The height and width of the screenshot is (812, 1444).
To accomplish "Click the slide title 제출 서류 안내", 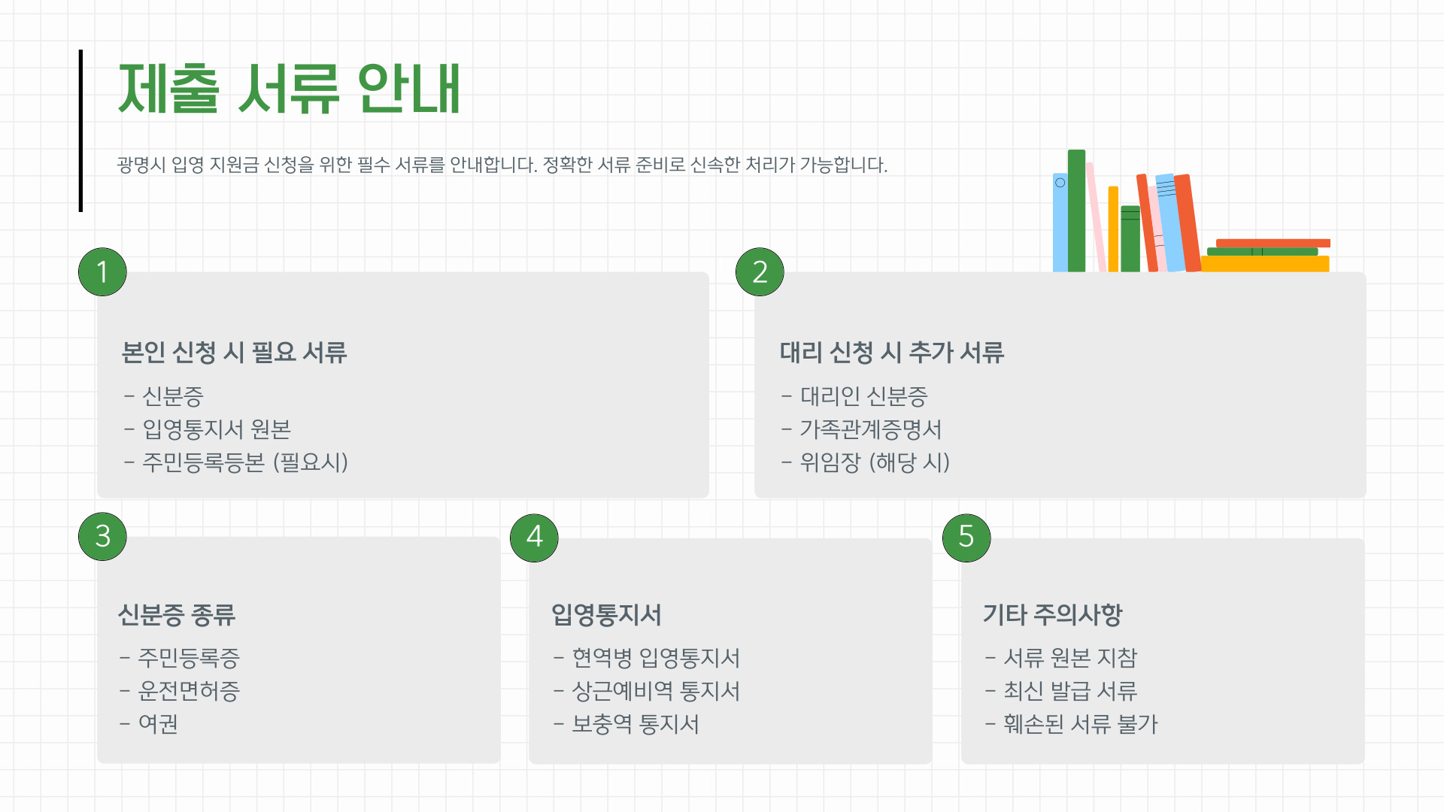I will pyautogui.click(x=289, y=89).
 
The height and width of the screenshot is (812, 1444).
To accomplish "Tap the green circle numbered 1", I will pyautogui.click(x=102, y=271).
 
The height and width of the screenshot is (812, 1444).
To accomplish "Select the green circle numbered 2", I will pyautogui.click(x=760, y=271).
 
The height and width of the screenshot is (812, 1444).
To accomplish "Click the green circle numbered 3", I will pyautogui.click(x=102, y=536).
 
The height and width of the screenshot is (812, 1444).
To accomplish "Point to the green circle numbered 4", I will pyautogui.click(x=534, y=537).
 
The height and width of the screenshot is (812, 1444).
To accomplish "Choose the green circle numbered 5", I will pyautogui.click(x=966, y=537).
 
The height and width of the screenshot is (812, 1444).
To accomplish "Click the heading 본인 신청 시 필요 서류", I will pyautogui.click(x=234, y=352).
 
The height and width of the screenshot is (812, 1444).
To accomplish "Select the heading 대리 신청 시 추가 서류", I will pyautogui.click(x=891, y=352).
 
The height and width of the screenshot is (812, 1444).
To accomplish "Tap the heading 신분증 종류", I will pyautogui.click(x=177, y=614).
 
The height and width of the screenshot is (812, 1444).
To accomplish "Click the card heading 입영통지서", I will pyautogui.click(x=606, y=614).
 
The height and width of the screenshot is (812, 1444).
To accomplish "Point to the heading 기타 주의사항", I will pyautogui.click(x=1052, y=614).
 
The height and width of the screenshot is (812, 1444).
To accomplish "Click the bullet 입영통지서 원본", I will pyautogui.click(x=216, y=429).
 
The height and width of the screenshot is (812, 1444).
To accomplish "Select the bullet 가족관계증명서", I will pyautogui.click(x=870, y=429).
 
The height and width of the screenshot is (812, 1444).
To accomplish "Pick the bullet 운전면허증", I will pyautogui.click(x=188, y=691).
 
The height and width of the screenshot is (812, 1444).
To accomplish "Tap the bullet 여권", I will pyautogui.click(x=158, y=724).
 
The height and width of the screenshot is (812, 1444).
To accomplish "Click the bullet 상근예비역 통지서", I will pyautogui.click(x=655, y=691).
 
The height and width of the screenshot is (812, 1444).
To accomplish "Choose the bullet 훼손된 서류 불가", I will pyautogui.click(x=1080, y=724).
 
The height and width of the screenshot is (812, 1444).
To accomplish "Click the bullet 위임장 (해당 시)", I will pyautogui.click(x=874, y=462).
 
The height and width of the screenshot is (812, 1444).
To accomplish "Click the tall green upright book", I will pyautogui.click(x=1076, y=211).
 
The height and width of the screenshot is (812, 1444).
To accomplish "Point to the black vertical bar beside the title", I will pyautogui.click(x=80, y=131).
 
